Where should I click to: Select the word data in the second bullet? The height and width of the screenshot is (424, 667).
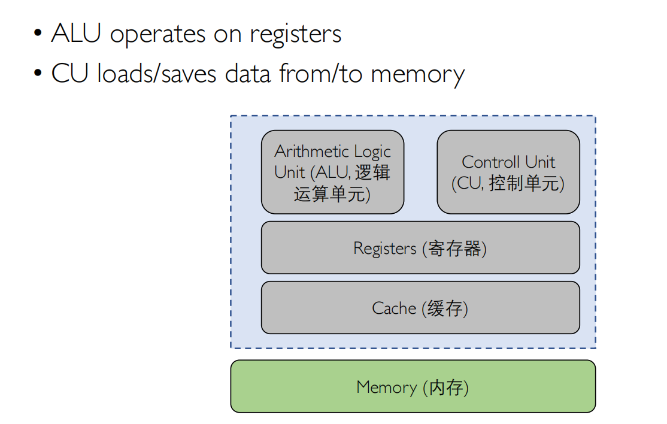[x=249, y=74]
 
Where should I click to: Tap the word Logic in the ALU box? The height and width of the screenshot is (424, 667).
[x=372, y=152]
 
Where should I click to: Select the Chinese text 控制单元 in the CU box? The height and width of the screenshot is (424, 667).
[x=524, y=183]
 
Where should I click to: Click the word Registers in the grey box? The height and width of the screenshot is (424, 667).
[x=384, y=248]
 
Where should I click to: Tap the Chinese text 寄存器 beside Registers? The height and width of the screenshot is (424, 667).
[x=455, y=248]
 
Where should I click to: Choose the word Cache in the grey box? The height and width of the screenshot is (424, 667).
[x=393, y=308]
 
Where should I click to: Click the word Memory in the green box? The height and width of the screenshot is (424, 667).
[x=386, y=387]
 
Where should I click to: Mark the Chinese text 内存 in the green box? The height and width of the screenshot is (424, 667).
[x=446, y=387]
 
